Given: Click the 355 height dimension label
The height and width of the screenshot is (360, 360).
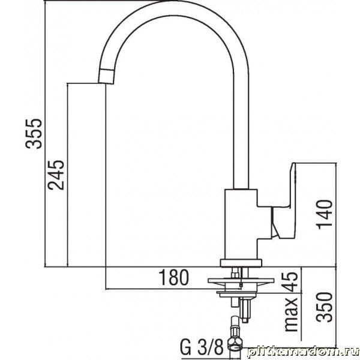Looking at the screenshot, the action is click(34, 134).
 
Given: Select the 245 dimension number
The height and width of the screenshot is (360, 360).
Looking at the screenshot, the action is click(56, 175).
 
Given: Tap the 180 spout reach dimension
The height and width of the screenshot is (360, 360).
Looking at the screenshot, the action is click(173, 278).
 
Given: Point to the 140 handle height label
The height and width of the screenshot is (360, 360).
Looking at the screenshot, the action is click(324, 214).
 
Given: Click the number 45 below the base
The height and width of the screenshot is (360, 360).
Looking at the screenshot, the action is click(292, 282).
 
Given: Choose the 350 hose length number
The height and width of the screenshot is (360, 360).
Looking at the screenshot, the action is click(324, 307).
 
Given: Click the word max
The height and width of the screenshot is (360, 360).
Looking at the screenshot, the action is click(291, 314).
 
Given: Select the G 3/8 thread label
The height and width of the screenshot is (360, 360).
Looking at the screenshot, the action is click(202, 348).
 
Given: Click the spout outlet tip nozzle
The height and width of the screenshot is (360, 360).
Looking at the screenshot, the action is click(106, 76).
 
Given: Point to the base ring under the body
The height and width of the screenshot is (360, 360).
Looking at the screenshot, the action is click(241, 263).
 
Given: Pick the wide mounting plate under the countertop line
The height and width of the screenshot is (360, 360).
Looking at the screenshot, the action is click(241, 280).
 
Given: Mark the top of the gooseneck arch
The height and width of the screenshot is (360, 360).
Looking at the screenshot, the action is click(174, 8).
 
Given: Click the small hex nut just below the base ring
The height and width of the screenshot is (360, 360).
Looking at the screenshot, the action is click(235, 274).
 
